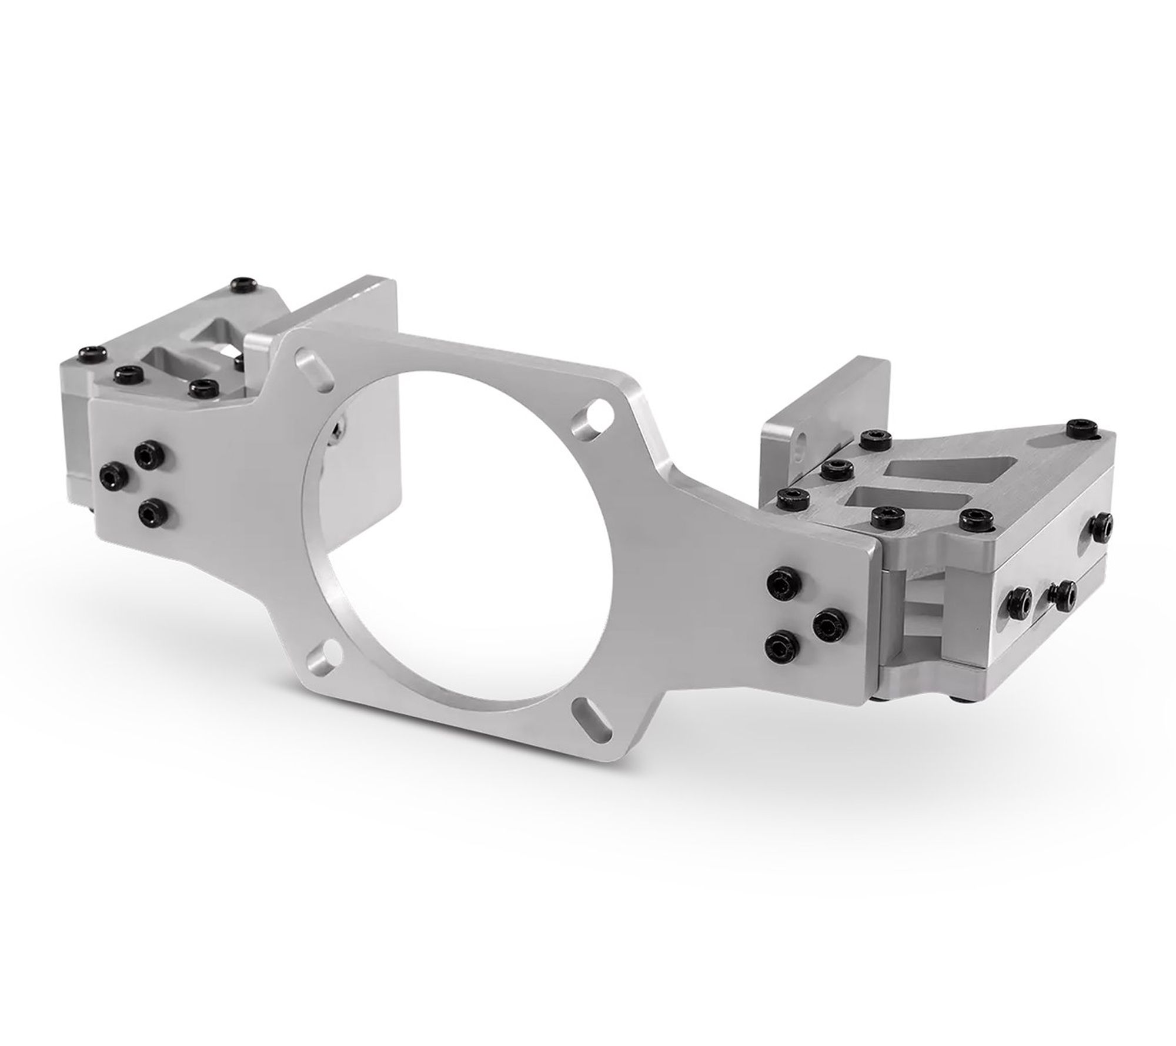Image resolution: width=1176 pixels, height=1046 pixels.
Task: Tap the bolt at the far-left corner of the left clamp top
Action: click(x=91, y=354)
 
